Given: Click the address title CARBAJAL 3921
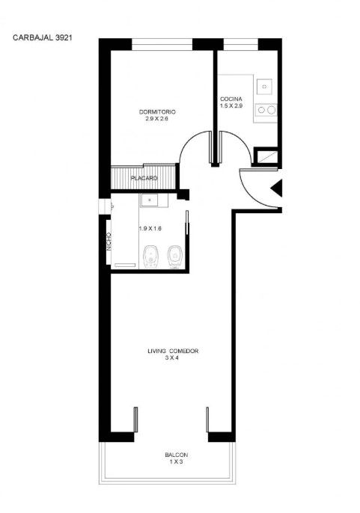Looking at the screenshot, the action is coord(42,37).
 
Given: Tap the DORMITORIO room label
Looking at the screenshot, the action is coord(157,112).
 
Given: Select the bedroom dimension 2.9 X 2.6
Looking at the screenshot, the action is coord(157,119).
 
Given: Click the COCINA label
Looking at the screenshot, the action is coord(231,99).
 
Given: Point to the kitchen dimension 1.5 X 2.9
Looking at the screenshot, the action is coord(231,105).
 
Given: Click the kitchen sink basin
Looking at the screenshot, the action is coord(264,87).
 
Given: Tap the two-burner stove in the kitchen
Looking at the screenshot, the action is coord(266,110).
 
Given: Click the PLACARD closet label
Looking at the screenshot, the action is coord(144,178).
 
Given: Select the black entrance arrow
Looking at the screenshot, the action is coord(276,188).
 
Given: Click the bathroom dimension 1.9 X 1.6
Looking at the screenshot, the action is coord(150,229).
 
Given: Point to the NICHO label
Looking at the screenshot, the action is coord(109,242).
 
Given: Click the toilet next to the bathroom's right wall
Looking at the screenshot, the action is coord(174,257).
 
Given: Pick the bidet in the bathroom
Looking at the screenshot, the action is coord(150,257).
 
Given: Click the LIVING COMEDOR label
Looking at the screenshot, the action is coord(173,351).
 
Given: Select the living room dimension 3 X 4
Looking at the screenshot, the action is coord(172,358).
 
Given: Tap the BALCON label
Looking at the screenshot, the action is coord(176,455).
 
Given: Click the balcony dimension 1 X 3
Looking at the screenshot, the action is coord(176,462).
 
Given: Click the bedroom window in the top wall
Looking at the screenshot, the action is coord(162,45).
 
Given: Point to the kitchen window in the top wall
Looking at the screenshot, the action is coord(241,45).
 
